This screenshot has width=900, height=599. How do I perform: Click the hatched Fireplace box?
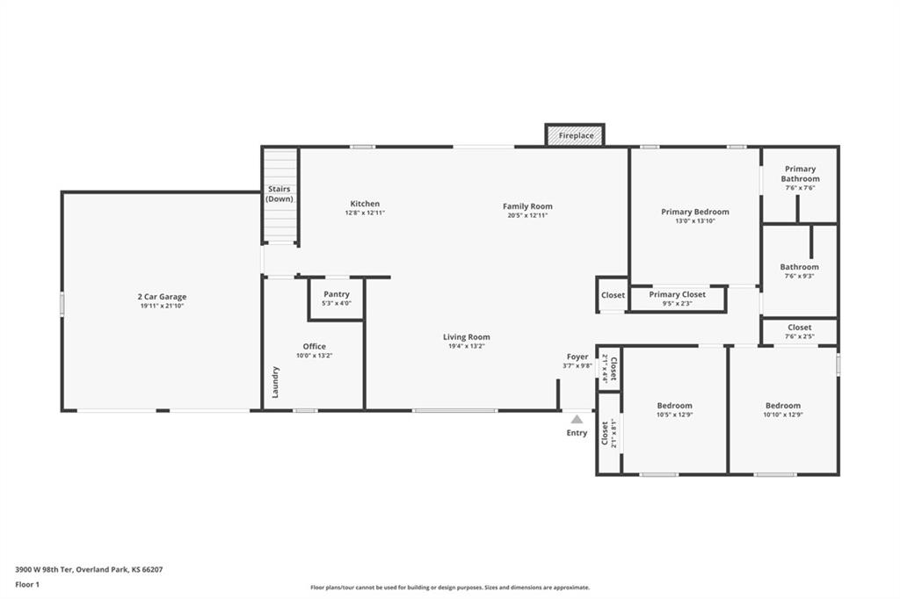[576, 135]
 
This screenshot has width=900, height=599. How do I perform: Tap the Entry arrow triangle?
[577, 420]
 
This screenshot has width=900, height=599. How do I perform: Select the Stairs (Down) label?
[279, 194]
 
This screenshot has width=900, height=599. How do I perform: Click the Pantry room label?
[336, 294]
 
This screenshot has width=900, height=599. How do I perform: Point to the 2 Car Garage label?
[162, 297]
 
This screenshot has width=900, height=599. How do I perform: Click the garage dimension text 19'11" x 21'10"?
[162, 307]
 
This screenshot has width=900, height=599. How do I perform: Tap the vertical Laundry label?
[276, 381]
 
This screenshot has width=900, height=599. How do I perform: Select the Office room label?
[314, 346]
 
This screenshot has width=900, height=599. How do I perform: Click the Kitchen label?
[365, 204]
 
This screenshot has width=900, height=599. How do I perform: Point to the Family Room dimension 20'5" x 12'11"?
[527, 215]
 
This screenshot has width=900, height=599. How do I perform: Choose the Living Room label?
[466, 337]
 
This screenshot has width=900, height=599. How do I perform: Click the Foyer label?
[577, 357]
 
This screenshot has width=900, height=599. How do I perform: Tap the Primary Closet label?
[677, 294]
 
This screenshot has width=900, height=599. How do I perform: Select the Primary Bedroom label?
[694, 212]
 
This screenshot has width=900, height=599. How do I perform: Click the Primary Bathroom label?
[800, 174]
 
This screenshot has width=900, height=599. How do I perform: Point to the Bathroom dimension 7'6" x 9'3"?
[799, 277]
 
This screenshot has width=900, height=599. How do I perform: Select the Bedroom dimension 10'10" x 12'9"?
[782, 415]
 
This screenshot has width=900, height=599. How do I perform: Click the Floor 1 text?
[28, 584]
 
